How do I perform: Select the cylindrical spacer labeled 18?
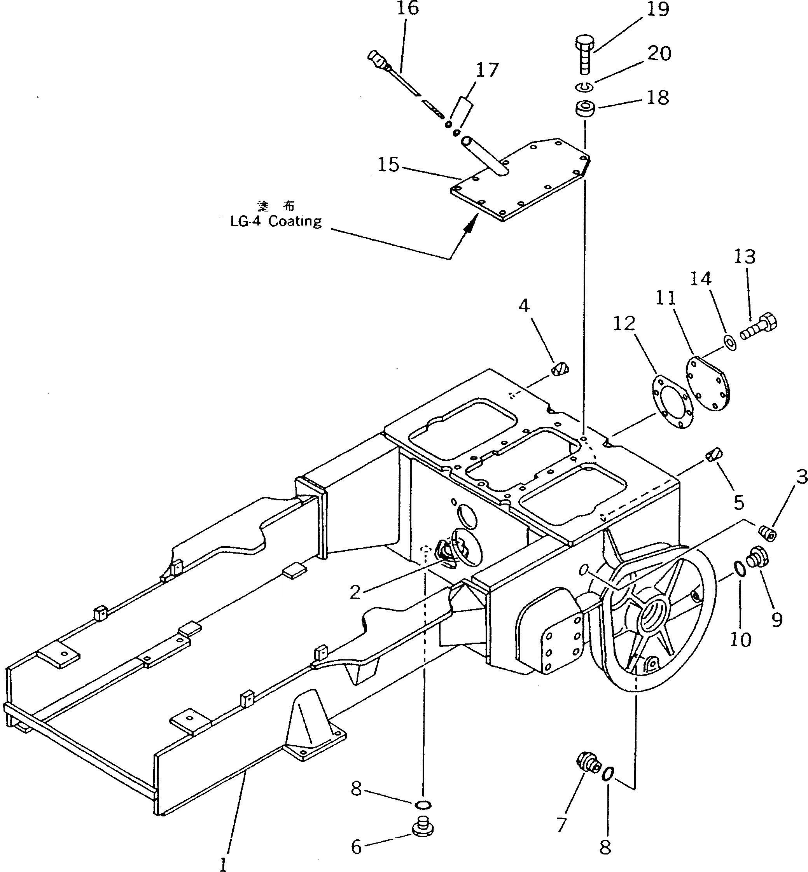pyautogui.click(x=584, y=109)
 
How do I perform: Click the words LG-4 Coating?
pyautogui.click(x=276, y=222)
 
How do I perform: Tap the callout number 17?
pyautogui.click(x=487, y=70)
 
